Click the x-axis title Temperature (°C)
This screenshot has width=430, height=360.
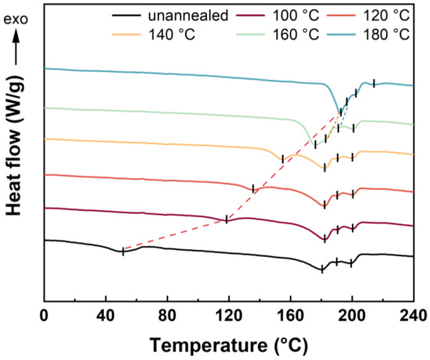pyautogui.click(x=228, y=344)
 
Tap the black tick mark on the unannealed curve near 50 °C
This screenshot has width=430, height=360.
pyautogui.click(x=122, y=251)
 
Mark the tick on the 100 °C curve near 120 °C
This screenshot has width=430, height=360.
pyautogui.click(x=226, y=219)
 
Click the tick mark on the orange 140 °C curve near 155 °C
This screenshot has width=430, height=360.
pyautogui.click(x=282, y=159)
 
